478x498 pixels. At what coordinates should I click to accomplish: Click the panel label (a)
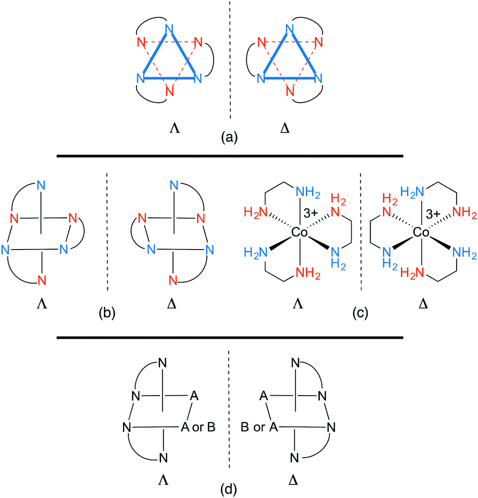tap(229, 138)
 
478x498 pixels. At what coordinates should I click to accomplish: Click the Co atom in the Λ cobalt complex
tap(298, 233)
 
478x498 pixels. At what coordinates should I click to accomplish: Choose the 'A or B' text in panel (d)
tap(198, 428)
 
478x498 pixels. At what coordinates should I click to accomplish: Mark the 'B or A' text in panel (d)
tap(260, 428)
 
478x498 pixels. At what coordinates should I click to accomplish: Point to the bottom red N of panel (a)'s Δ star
tap(291, 91)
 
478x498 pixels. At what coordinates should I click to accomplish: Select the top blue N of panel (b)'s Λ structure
tap(41, 185)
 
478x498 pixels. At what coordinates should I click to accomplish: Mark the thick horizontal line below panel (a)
tap(229, 156)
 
